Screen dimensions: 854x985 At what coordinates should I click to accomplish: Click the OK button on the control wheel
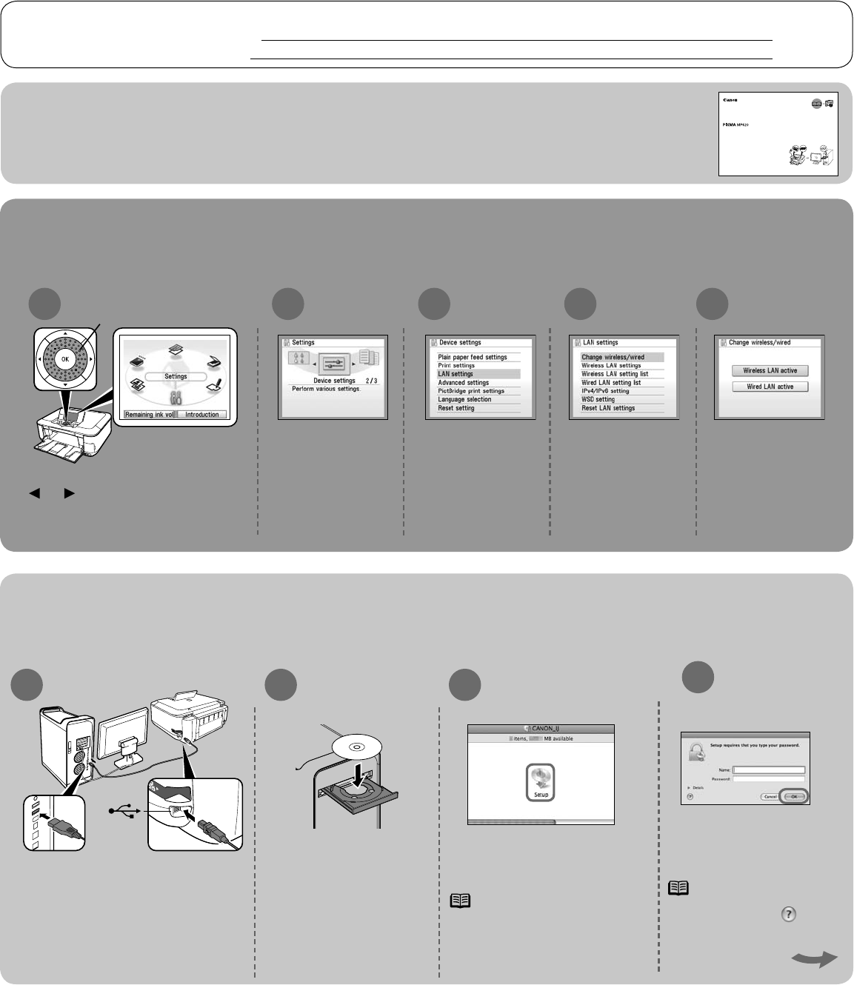[x=65, y=358]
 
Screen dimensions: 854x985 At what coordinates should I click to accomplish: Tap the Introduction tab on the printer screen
[x=201, y=415]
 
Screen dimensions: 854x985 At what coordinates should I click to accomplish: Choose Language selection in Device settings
[x=464, y=399]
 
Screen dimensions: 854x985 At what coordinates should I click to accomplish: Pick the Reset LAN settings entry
[x=608, y=408]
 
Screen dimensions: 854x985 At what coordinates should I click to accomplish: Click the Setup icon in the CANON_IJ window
[x=541, y=781]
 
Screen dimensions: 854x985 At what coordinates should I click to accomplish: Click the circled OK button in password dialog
[x=793, y=796]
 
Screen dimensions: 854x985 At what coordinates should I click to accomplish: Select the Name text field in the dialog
[x=768, y=769]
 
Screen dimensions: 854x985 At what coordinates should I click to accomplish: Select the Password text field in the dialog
[x=768, y=778]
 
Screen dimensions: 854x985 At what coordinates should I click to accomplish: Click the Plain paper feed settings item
[x=473, y=357]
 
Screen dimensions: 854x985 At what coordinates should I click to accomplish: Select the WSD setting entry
[x=598, y=399]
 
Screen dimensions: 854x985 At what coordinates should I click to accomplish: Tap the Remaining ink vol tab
[x=149, y=415]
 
